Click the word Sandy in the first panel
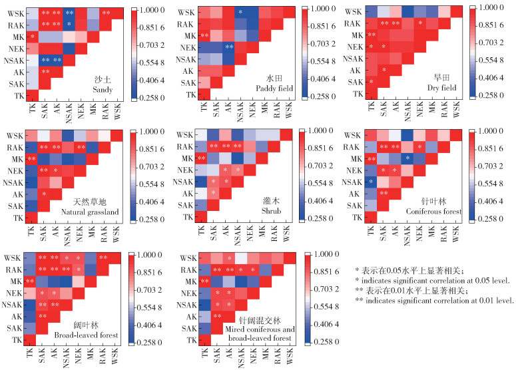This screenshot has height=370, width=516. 104,89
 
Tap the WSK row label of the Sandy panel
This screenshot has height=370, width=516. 13,13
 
